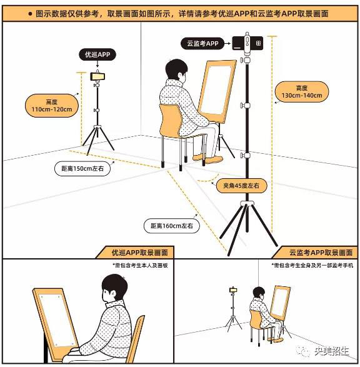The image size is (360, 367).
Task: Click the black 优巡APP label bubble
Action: (97, 54)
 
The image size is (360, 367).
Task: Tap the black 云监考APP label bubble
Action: (202, 43)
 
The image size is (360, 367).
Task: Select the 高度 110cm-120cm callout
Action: (52, 106)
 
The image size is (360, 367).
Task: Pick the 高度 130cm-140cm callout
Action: (302, 92)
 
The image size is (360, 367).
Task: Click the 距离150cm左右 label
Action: (82, 169)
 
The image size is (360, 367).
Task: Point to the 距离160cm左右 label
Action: (172, 226)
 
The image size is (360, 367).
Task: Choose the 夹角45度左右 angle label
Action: (241, 186)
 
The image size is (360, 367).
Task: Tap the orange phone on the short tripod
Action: (97, 76)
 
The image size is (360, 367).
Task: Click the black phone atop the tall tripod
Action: (247, 43)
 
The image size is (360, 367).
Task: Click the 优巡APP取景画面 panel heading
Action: (140, 253)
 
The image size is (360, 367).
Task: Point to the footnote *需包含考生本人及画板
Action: (141, 266)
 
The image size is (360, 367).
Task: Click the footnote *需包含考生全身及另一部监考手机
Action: (312, 266)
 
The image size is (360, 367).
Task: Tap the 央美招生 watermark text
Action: (332, 351)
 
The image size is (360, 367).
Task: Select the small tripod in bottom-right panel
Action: (233, 308)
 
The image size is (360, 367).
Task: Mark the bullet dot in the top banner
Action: (30, 14)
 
